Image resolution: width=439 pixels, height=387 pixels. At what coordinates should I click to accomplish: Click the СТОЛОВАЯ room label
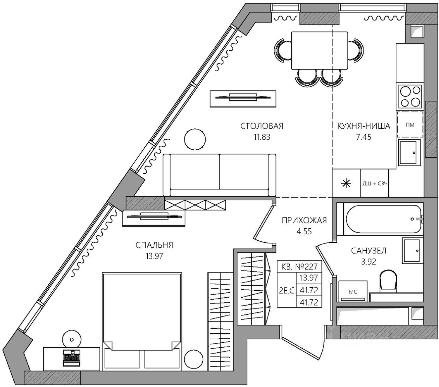(x=262, y=126)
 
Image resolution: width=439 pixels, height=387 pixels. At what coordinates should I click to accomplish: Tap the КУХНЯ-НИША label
(x=364, y=126)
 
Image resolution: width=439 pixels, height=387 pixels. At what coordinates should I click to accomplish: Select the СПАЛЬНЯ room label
(x=154, y=245)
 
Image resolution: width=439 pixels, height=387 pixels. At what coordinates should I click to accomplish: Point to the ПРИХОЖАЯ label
(x=304, y=220)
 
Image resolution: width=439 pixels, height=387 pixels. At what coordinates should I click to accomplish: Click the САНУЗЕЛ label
(x=369, y=251)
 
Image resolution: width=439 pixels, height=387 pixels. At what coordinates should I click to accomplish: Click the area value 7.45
(x=364, y=137)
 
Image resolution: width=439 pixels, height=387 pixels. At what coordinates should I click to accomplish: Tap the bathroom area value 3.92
(x=369, y=262)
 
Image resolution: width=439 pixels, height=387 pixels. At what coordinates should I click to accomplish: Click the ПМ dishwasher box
(x=410, y=125)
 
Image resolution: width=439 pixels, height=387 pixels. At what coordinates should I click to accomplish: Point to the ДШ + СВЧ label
(x=375, y=184)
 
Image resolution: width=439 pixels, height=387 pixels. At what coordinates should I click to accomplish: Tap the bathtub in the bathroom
(x=382, y=218)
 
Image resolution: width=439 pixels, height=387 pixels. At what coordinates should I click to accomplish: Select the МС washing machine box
(x=353, y=291)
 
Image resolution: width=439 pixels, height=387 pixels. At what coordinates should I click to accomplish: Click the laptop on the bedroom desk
(x=71, y=358)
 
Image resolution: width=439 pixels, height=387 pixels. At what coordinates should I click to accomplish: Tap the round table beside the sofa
(x=195, y=139)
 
